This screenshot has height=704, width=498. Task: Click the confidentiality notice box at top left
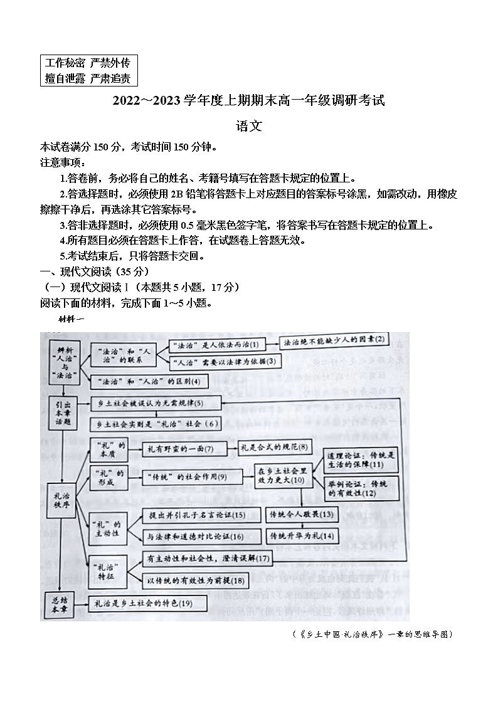tap(88, 70)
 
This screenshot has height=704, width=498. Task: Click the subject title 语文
tap(248, 125)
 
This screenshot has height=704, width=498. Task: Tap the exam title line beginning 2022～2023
tap(248, 100)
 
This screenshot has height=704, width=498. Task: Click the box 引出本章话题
tap(61, 413)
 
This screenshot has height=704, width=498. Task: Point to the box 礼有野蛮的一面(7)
tap(179, 448)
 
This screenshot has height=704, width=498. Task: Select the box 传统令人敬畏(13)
tap(302, 515)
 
